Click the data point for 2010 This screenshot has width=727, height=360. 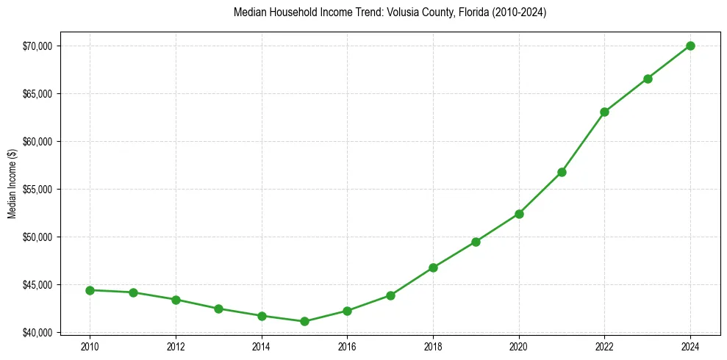pos(90,290)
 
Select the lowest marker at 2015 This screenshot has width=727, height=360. pos(304,321)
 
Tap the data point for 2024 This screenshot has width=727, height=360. pos(690,46)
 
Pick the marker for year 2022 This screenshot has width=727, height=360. pos(604,112)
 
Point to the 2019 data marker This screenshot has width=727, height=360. pos(476,242)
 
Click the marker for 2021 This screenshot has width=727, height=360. pos(562,172)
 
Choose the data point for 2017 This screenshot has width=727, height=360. pos(390,295)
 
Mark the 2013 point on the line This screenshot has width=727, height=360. pos(218,309)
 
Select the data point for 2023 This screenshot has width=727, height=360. pos(648,79)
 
